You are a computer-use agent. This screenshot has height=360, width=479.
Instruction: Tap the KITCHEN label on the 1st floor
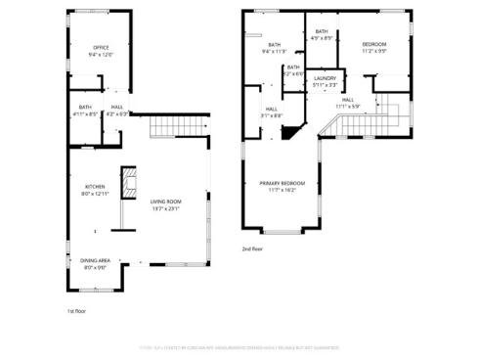click(95, 186)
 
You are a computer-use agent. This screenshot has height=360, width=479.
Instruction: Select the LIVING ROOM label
click(164, 202)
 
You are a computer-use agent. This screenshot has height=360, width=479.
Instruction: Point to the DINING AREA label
click(96, 260)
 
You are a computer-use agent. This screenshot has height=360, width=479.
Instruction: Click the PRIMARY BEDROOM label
click(283, 184)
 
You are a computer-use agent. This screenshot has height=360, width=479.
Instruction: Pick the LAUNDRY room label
click(326, 77)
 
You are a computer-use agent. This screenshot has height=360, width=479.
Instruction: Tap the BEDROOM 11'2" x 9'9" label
click(374, 44)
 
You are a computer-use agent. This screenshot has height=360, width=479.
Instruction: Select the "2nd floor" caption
click(253, 249)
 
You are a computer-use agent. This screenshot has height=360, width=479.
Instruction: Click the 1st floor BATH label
click(85, 107)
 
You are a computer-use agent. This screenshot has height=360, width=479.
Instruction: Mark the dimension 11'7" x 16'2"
click(283, 191)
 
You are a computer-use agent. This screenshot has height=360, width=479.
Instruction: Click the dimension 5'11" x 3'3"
click(326, 84)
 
